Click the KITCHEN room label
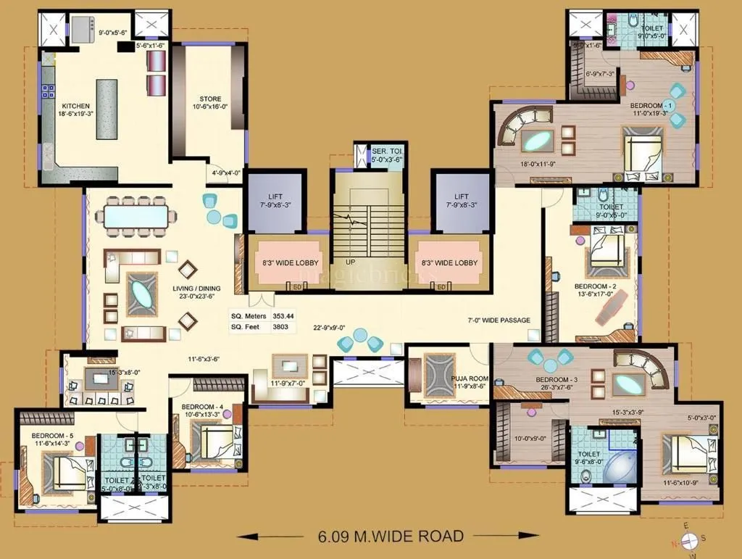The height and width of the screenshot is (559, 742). [75, 106]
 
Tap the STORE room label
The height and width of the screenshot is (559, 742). [210, 99]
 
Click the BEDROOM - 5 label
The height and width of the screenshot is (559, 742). [50, 435]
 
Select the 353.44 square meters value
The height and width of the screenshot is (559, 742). [283, 316]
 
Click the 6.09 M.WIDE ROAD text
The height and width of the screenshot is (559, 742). [391, 537]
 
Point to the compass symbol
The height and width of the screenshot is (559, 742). [689, 539]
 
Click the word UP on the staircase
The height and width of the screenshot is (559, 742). [350, 262]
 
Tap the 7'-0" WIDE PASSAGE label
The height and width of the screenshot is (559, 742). [499, 320]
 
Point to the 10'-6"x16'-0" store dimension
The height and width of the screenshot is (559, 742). [210, 107]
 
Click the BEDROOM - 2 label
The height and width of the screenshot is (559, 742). [596, 286]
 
